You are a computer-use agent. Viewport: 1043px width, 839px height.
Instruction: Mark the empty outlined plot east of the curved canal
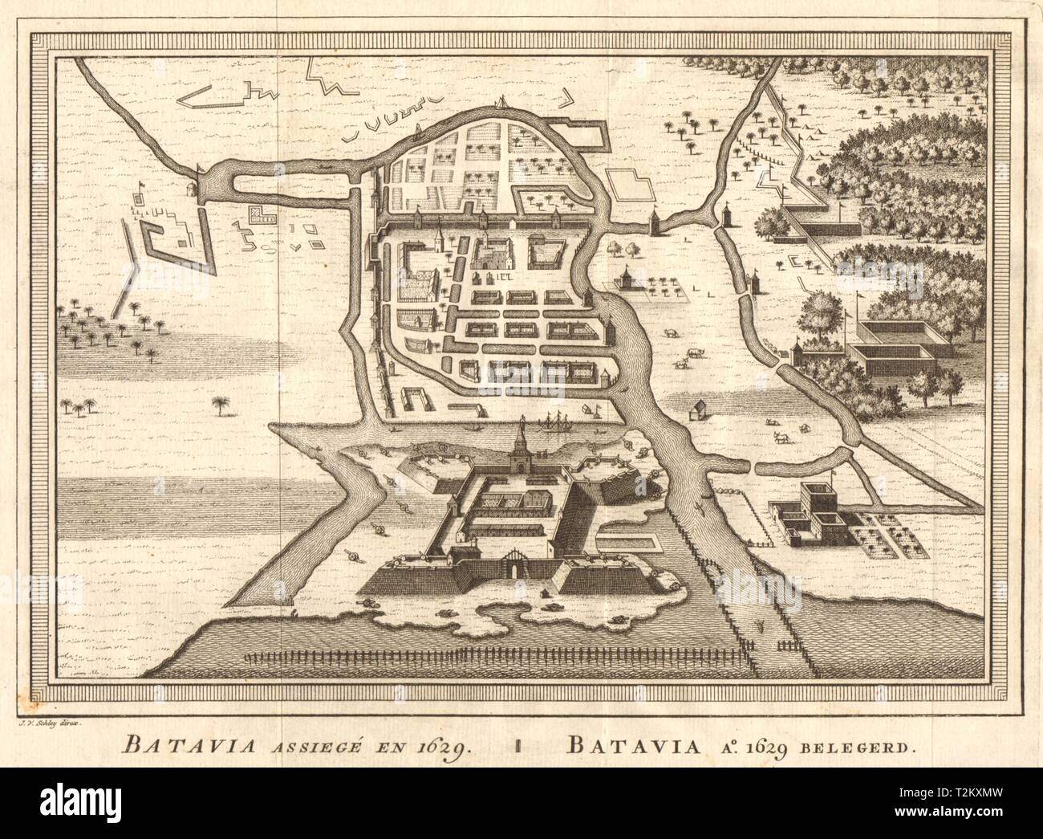643,189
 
